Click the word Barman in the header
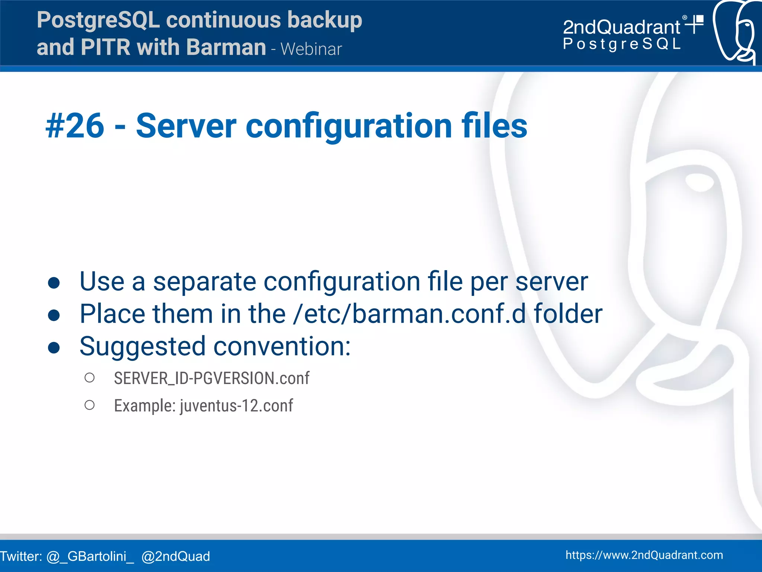pyautogui.click(x=226, y=47)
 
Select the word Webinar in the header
pyautogui.click(x=311, y=49)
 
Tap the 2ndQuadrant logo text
pyautogui.click(x=621, y=27)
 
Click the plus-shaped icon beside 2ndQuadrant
pyautogui.click(x=694, y=24)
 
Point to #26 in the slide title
pyautogui.click(x=75, y=126)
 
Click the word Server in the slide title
pyautogui.click(x=186, y=126)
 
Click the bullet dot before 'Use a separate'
pyautogui.click(x=54, y=283)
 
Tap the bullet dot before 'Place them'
pyautogui.click(x=54, y=315)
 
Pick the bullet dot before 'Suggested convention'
pyautogui.click(x=54, y=348)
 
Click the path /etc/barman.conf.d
pyautogui.click(x=409, y=314)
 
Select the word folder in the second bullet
pyautogui.click(x=568, y=314)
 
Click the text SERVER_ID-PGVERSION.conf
pyautogui.click(x=211, y=378)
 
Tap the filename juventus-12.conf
pyautogui.click(x=236, y=406)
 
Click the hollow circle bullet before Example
pyautogui.click(x=89, y=405)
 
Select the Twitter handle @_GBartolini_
pyautogui.click(x=90, y=556)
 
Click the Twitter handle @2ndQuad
pyautogui.click(x=176, y=556)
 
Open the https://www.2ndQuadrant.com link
pyautogui.click(x=644, y=555)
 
